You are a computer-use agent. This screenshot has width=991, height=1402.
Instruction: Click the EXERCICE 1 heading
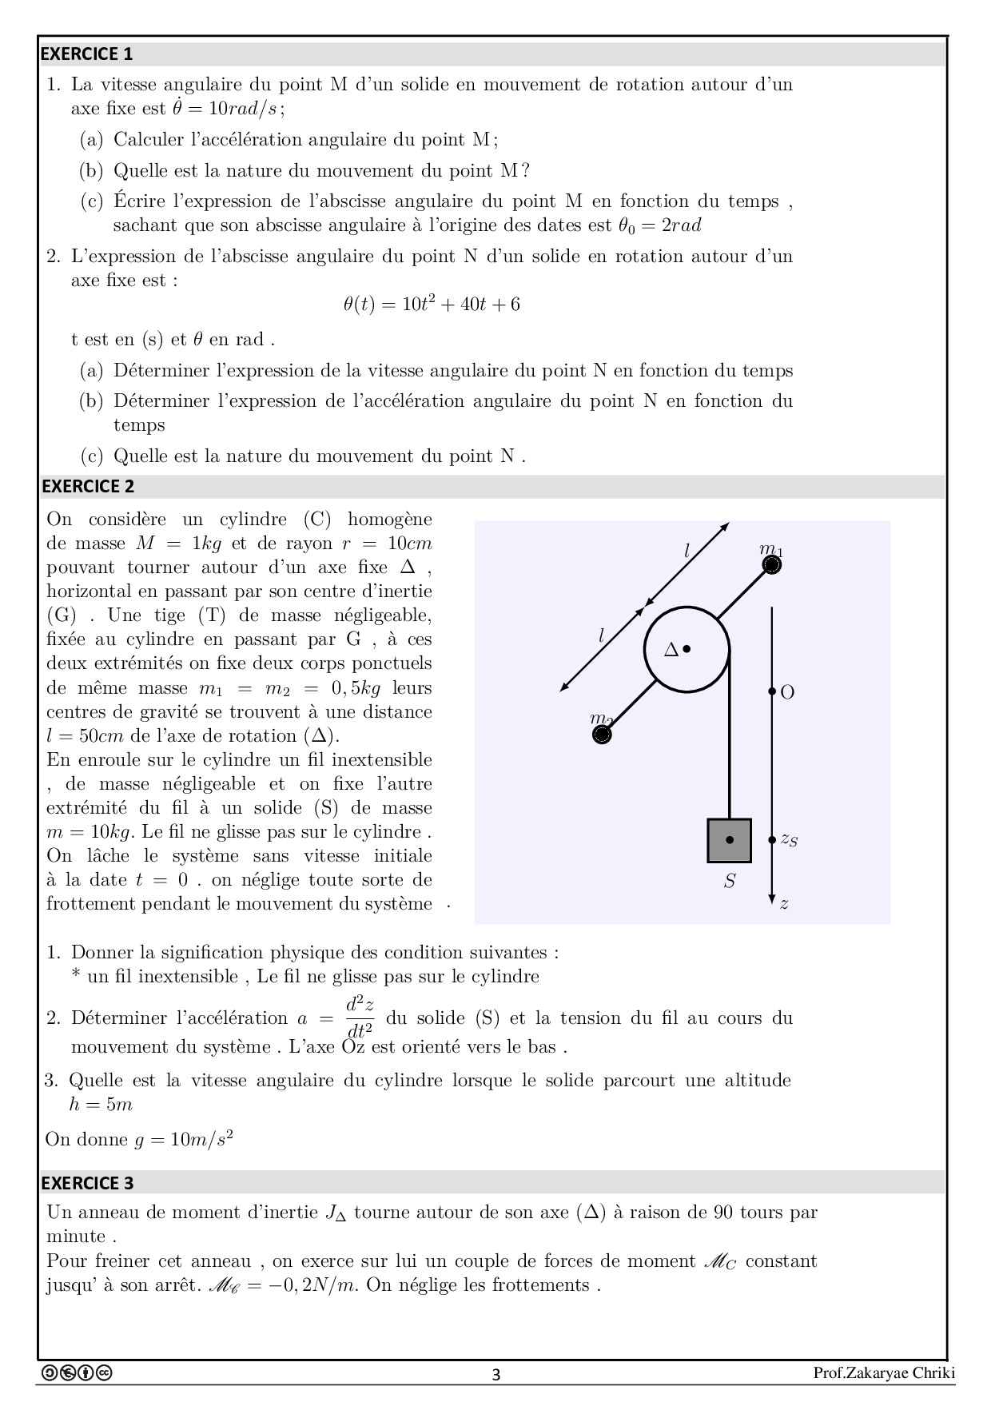point(86,54)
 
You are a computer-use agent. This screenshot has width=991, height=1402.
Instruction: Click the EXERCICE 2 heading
point(88,487)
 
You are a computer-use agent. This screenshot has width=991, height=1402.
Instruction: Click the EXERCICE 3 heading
point(88,1183)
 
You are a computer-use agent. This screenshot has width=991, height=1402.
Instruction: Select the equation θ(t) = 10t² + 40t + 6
point(432,305)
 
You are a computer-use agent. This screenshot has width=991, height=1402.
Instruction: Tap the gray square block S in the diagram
point(729,840)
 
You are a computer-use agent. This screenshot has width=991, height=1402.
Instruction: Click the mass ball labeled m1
point(771,564)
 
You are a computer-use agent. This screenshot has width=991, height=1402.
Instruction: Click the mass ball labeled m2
point(603,734)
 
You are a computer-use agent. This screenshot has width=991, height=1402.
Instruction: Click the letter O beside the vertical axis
point(787,692)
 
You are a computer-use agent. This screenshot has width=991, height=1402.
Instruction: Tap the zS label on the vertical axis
point(790,839)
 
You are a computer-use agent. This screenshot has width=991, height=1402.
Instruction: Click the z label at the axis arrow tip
point(784,904)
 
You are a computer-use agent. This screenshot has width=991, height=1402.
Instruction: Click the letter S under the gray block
point(729,882)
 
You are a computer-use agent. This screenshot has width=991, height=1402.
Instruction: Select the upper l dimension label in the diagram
point(686,551)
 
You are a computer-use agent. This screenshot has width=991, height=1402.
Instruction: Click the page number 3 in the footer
point(495,1375)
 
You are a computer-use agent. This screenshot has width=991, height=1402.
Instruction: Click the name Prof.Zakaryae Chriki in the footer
point(884,1373)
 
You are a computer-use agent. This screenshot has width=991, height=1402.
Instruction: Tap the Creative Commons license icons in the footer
point(77,1373)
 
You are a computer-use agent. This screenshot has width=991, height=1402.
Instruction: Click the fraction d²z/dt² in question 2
point(360,1018)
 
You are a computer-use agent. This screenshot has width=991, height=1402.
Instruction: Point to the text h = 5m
point(101,1105)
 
